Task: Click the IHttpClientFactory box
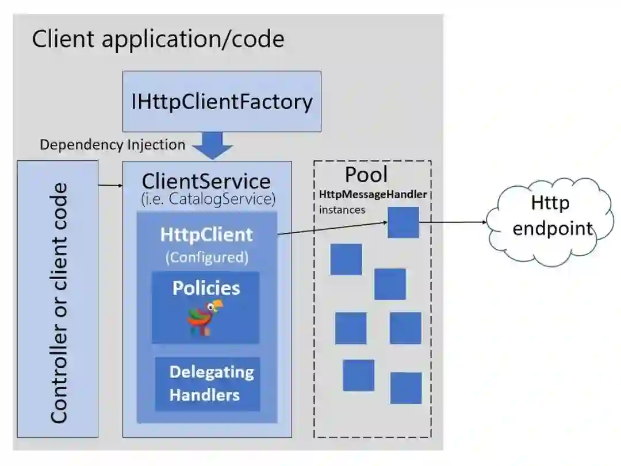point(222,101)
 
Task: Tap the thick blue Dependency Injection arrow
point(213,146)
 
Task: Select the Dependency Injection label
point(113,145)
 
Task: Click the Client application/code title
point(158,39)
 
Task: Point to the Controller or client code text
point(59,303)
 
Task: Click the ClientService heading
point(206,182)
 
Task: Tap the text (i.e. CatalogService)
point(208,199)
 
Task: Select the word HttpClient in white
point(206,234)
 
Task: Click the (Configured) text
point(207,257)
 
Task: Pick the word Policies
point(206,288)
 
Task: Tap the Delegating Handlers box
point(208,384)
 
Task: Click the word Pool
point(366,175)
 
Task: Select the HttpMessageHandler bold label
point(373,194)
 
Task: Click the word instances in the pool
point(342,210)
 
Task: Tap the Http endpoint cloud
point(550,222)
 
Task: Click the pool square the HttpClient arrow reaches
point(403,222)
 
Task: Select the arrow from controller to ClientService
point(110,185)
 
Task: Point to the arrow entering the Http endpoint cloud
point(453,222)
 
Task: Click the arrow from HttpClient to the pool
point(333,228)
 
